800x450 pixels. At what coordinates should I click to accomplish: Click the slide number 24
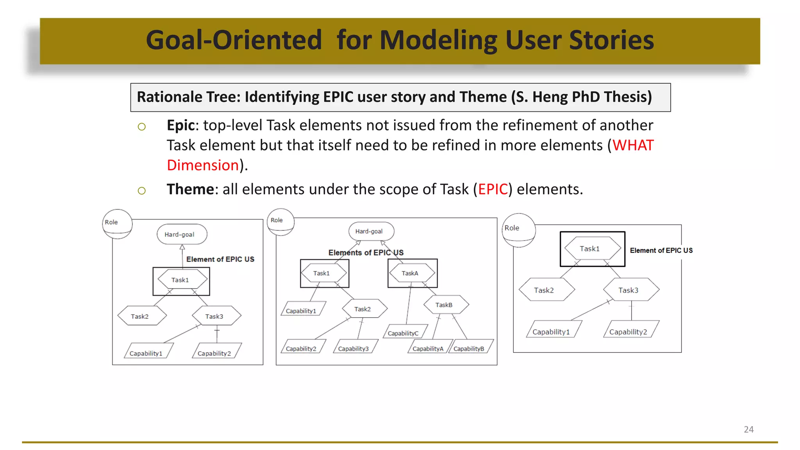(x=748, y=429)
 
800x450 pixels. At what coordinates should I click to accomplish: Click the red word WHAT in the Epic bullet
(x=633, y=145)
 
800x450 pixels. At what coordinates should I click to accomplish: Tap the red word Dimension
(x=203, y=165)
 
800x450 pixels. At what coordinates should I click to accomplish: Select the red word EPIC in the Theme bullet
(x=493, y=189)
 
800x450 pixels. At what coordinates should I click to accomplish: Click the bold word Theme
(x=190, y=189)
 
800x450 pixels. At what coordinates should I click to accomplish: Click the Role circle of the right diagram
(x=518, y=230)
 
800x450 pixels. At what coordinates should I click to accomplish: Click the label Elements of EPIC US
(x=366, y=253)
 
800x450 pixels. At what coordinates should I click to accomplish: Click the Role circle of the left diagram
(x=117, y=224)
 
